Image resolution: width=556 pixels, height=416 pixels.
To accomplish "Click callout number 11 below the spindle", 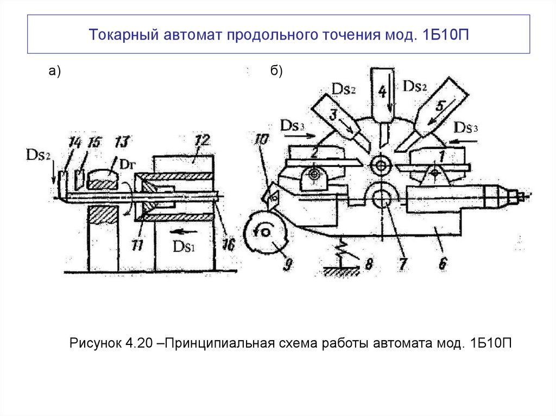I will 137,245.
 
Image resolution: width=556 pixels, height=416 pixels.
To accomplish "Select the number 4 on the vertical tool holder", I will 382,91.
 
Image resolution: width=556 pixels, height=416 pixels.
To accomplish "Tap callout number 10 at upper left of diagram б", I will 260,139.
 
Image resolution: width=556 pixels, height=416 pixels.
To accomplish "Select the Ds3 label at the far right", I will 466,128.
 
